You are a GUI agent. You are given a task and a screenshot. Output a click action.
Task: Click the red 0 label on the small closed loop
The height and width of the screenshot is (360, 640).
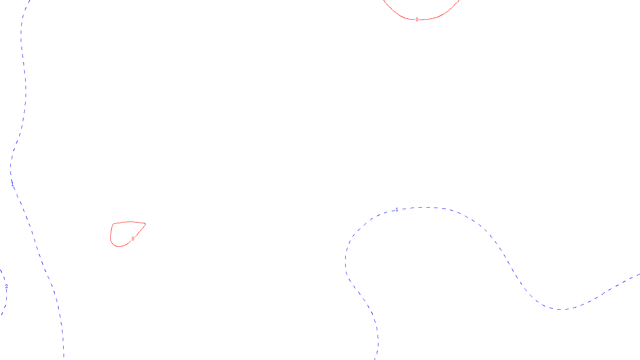tap(133, 239)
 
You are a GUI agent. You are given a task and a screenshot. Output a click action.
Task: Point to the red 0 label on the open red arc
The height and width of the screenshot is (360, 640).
tap(417, 20)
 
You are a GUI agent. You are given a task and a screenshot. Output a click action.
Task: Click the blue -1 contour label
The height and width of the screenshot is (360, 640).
tap(396, 210)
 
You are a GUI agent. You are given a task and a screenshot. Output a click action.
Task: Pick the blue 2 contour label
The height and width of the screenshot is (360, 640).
tap(6, 286)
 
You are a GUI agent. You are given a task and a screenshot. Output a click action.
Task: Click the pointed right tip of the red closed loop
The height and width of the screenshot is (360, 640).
tap(145, 224)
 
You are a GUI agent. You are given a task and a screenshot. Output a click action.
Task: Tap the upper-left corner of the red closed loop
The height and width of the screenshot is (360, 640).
tap(114, 224)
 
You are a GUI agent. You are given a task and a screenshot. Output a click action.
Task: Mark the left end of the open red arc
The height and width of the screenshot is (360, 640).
tap(384, 0)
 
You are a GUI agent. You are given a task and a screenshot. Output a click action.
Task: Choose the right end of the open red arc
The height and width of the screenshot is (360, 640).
tap(459, 0)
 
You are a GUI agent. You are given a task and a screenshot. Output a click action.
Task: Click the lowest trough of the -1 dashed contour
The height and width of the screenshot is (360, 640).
tap(560, 309)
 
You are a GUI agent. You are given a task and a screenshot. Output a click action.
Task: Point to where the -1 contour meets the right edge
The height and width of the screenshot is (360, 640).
tap(639, 274)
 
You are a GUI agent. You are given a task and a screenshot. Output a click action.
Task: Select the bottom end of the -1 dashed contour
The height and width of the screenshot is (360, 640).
tap(376, 359)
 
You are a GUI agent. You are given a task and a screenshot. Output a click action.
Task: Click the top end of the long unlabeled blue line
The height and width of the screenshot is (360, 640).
tap(30, 0)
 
